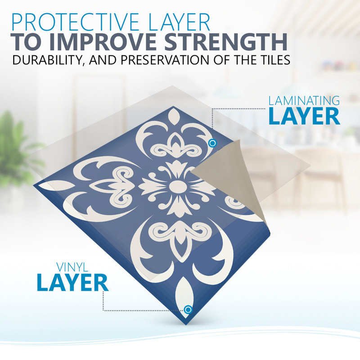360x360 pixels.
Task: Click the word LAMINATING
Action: (x=304, y=100)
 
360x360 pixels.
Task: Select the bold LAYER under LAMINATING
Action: (x=304, y=116)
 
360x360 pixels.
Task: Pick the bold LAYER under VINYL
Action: (x=72, y=283)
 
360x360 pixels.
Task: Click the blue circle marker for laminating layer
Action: (x=212, y=143)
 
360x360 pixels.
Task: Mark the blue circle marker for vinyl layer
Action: (x=188, y=310)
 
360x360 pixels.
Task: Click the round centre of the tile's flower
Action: (x=177, y=187)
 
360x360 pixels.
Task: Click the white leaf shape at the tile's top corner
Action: (x=174, y=117)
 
